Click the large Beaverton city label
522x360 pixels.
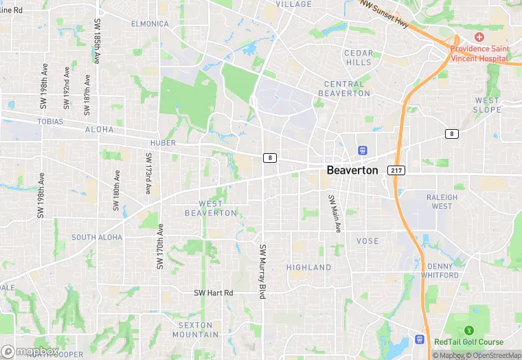pyautogui.click(x=352, y=170)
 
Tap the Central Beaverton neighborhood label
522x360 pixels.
pyautogui.click(x=347, y=89)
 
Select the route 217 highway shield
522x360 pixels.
pyautogui.click(x=396, y=170)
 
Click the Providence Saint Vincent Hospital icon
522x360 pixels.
pyautogui.click(x=479, y=36)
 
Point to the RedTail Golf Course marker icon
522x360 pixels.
pyautogui.click(x=470, y=330)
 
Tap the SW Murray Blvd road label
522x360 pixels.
pyautogui.click(x=262, y=271)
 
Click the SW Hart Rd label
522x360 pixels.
pyautogui.click(x=214, y=293)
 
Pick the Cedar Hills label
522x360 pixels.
pyautogui.click(x=358, y=58)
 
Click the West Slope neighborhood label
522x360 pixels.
pyautogui.click(x=487, y=105)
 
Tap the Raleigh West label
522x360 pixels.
pyautogui.click(x=442, y=201)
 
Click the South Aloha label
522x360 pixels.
pyautogui.click(x=97, y=237)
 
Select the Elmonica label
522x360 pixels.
pyautogui.click(x=150, y=23)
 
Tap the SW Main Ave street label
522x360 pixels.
pyautogui.click(x=334, y=214)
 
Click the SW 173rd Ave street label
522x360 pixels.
pyautogui.click(x=148, y=173)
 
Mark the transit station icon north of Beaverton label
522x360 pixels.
pyautogui.click(x=363, y=150)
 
